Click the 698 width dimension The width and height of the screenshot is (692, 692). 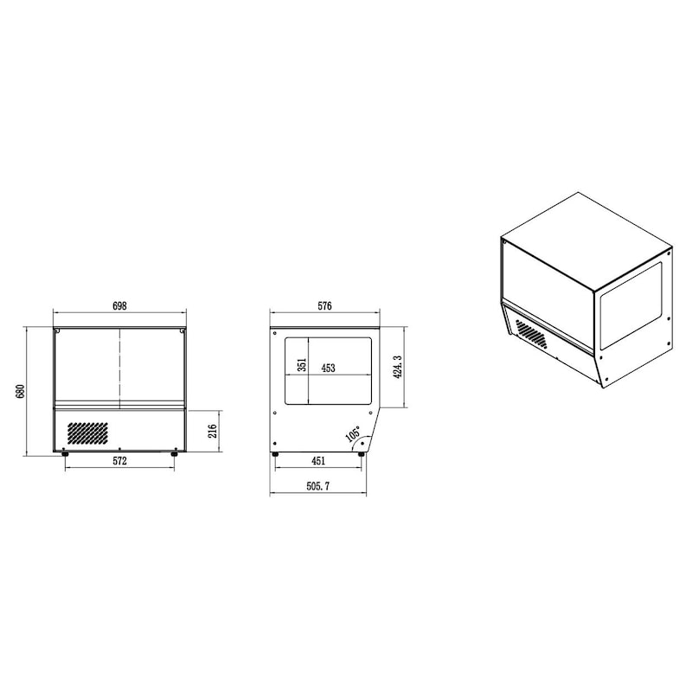point(119,306)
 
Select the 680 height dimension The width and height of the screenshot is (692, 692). point(20,391)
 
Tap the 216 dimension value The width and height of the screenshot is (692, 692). point(214,432)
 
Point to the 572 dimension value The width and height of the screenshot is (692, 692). point(119,463)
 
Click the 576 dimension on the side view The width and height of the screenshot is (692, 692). point(324,306)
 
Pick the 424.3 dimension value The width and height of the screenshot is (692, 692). point(397,367)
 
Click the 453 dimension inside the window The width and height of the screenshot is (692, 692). point(329,368)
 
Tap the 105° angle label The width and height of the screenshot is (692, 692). point(352,434)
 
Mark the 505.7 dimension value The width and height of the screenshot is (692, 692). point(317,487)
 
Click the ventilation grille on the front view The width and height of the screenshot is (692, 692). point(87,432)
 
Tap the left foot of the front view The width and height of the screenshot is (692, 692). point(66,452)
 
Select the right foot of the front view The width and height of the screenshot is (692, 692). point(175,452)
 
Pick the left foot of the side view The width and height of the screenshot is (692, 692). point(276,452)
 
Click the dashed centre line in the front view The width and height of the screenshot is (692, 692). point(119,368)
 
